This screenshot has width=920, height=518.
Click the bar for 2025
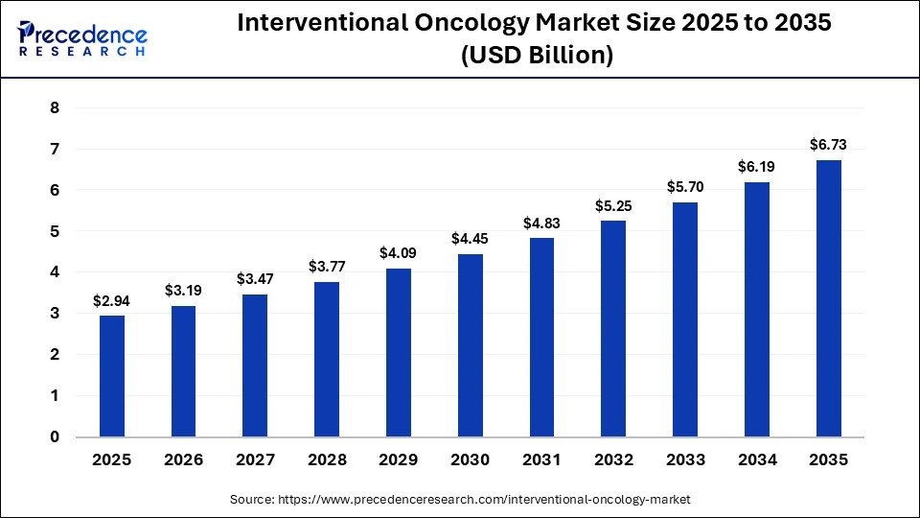point(112,376)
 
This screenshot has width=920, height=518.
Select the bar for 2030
point(471,345)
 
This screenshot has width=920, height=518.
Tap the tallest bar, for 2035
point(829,298)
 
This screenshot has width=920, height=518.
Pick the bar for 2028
point(327,359)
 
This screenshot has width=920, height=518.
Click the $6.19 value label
point(757,167)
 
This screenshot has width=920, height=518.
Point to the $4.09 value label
point(399,253)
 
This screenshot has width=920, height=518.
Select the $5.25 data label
point(614,205)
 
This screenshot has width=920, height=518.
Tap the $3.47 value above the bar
point(255,279)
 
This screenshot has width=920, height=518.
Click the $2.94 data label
point(112,300)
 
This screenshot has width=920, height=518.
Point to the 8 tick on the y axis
point(55,108)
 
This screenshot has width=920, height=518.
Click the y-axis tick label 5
point(55,231)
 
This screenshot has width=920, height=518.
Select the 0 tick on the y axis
point(55,436)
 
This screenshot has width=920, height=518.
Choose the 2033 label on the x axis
point(685,460)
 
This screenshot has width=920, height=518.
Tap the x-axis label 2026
point(184,460)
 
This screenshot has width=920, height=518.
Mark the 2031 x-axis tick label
point(542,460)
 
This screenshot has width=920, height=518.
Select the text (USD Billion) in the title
point(536,56)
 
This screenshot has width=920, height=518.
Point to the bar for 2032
point(614,329)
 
